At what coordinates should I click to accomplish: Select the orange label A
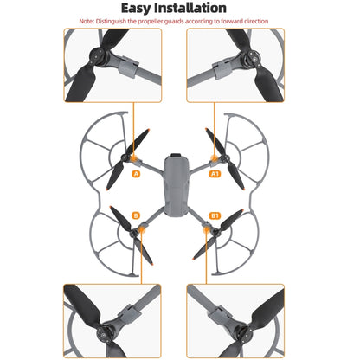coord(136,174)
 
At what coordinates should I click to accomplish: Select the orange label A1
coord(215,173)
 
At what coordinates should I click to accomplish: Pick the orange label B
coord(136,215)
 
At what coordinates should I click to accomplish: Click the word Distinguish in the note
coord(127,21)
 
